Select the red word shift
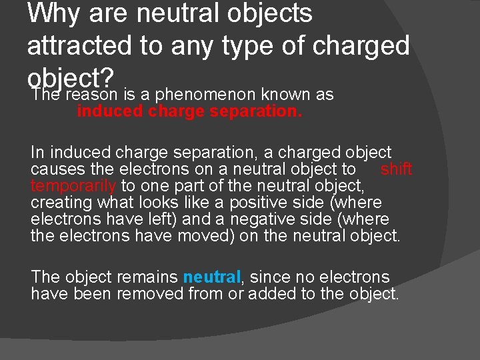(x=396, y=169)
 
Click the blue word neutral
(x=211, y=277)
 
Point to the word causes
(x=56, y=169)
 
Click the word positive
(x=254, y=203)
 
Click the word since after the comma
(x=269, y=277)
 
